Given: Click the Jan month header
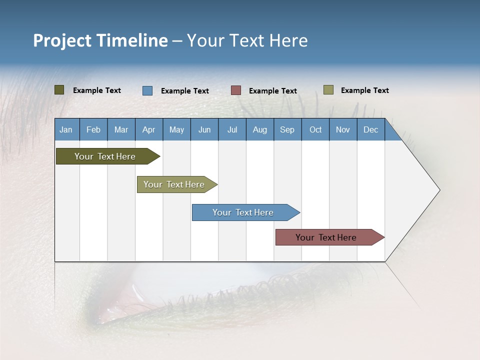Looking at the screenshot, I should [66, 129].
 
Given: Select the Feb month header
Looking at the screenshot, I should [93, 129].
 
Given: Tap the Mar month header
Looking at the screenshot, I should [121, 129].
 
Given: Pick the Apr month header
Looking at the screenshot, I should [149, 129].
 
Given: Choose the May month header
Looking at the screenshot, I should [176, 129].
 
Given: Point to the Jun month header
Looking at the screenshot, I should [204, 129].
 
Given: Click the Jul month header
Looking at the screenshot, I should [232, 129].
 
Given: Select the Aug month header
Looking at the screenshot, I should [260, 129].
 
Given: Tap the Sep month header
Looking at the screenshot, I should [287, 129].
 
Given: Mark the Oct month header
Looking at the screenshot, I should [315, 129].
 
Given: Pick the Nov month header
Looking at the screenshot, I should [343, 129].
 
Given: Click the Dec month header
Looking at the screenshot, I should [371, 129].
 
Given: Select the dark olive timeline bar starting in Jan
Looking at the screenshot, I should [105, 156].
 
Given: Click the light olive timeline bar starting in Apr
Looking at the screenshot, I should [174, 184].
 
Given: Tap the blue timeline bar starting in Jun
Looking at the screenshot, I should [243, 212].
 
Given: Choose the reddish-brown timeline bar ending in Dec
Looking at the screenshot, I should [326, 237].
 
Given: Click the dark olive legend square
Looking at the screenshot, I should [59, 90].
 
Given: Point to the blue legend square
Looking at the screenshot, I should [147, 90].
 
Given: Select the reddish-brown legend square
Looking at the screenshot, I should [236, 90].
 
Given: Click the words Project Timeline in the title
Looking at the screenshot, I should [100, 40].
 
